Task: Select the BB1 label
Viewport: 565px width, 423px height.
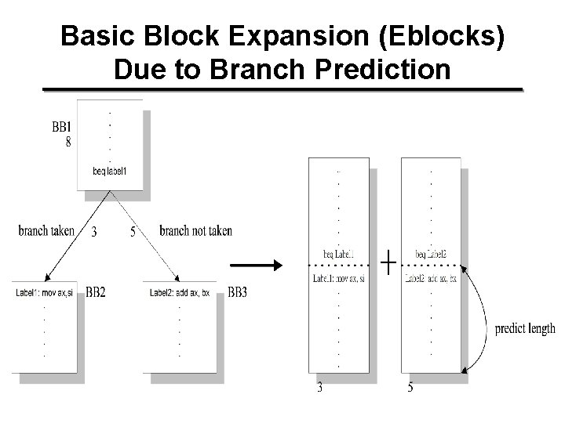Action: (61, 126)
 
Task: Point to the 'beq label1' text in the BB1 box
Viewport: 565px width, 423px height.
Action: (109, 172)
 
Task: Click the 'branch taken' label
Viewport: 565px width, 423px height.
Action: (46, 231)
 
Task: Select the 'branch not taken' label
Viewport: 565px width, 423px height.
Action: (195, 231)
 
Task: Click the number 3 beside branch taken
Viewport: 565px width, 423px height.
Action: (94, 232)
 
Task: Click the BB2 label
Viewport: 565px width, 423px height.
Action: (96, 293)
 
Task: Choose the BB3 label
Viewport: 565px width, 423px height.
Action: (238, 293)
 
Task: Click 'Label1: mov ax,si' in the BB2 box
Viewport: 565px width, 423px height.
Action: (46, 294)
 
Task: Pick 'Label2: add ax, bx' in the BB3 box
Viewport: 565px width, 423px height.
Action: (180, 294)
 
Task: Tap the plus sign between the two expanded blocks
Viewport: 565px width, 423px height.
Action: (388, 262)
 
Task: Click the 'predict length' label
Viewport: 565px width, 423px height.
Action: (525, 329)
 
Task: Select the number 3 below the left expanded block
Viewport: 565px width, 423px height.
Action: (319, 387)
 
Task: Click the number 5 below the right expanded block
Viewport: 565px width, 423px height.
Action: (410, 387)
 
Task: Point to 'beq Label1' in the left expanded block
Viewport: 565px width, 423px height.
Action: (338, 254)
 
